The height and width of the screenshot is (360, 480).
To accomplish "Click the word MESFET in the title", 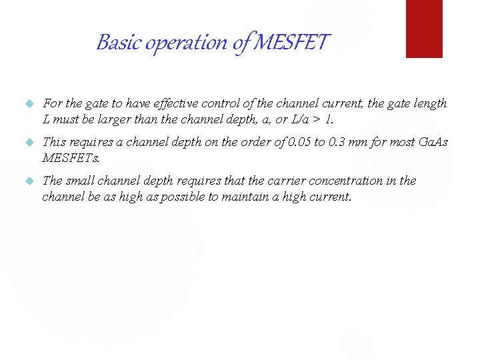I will pyautogui.click(x=293, y=43).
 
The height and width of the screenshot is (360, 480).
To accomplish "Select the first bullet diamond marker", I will pyautogui.click(x=28, y=104).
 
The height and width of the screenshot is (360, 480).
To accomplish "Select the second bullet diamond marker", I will pyautogui.click(x=28, y=142).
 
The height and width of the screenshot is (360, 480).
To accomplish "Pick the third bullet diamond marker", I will pyautogui.click(x=28, y=181).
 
